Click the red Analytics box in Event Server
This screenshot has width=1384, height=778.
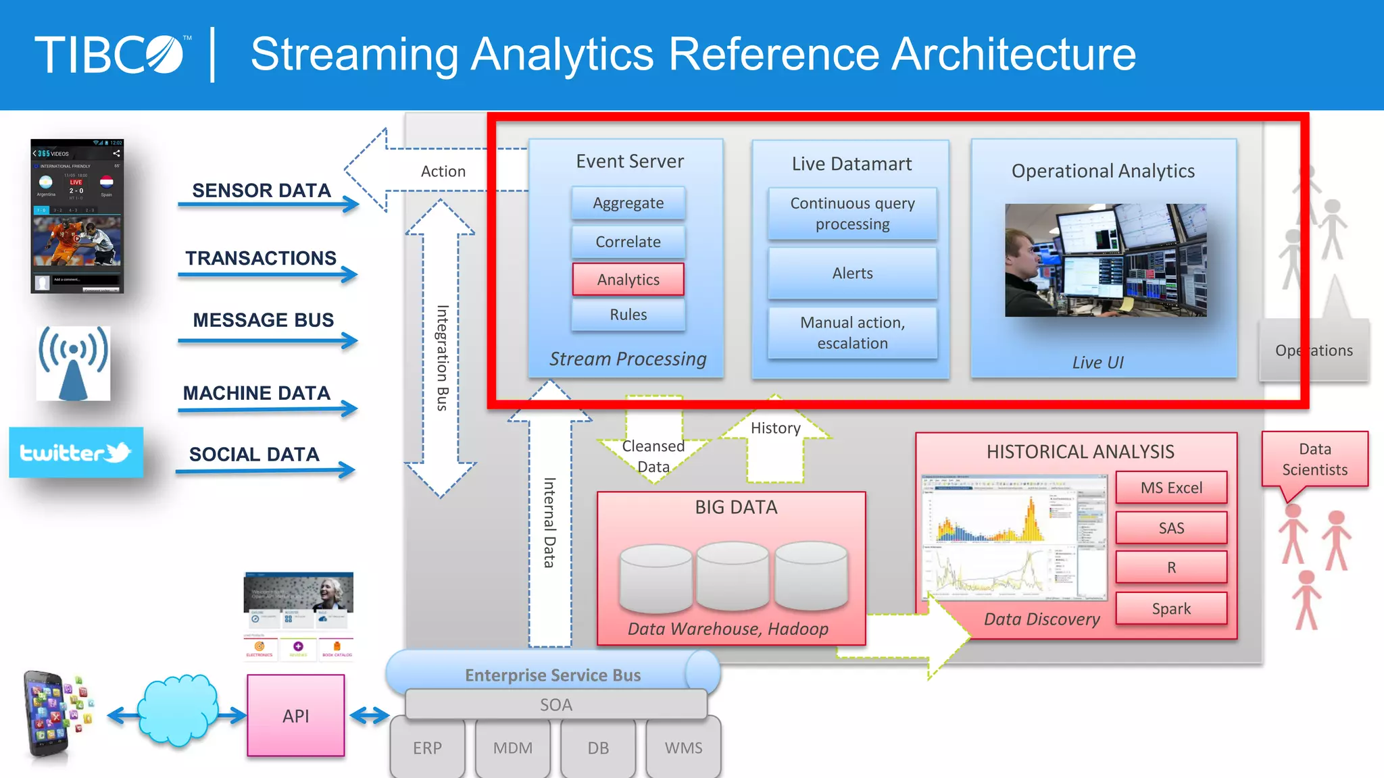click(628, 280)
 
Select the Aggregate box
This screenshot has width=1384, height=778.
click(628, 203)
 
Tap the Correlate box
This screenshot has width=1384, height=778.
click(628, 242)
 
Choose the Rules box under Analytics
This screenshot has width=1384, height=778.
click(628, 315)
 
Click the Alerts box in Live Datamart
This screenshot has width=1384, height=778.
click(852, 274)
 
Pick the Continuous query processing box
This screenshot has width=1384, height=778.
click(852, 213)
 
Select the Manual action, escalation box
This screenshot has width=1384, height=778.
click(852, 333)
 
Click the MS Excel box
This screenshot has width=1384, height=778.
click(1171, 488)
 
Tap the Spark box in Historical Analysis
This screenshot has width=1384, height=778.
click(1171, 608)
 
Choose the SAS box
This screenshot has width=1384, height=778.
click(1171, 528)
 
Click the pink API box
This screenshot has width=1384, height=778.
click(296, 716)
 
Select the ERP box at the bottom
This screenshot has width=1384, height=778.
click(427, 748)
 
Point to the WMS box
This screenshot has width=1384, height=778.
click(683, 748)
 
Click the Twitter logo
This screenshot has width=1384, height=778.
click(76, 452)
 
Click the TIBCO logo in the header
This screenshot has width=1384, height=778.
click(112, 54)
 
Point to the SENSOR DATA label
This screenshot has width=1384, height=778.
click(262, 190)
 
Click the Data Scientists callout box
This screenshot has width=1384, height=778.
click(1314, 459)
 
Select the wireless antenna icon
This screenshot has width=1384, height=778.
click(73, 363)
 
